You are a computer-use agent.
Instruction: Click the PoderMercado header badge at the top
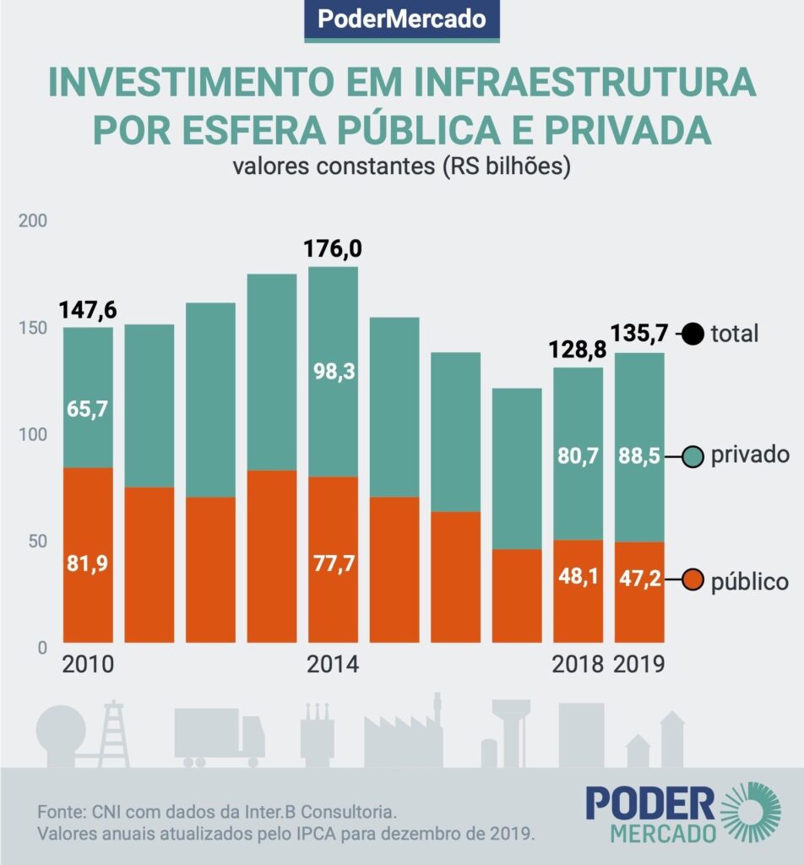click(x=402, y=19)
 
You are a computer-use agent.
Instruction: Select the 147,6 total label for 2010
click(x=88, y=310)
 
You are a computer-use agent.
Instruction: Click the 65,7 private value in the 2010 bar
click(x=88, y=409)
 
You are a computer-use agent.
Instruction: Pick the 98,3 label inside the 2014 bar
click(x=333, y=367)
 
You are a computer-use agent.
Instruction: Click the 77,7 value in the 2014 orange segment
click(x=333, y=564)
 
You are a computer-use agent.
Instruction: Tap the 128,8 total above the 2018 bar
click(x=578, y=348)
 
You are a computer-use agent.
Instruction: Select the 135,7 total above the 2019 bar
click(x=639, y=334)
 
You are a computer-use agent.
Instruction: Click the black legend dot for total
click(x=693, y=335)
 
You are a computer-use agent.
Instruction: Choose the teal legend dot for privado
click(x=693, y=457)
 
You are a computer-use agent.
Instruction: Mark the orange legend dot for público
click(x=693, y=581)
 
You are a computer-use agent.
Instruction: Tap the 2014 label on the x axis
click(x=333, y=664)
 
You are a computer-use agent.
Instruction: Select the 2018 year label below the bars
click(x=578, y=664)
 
